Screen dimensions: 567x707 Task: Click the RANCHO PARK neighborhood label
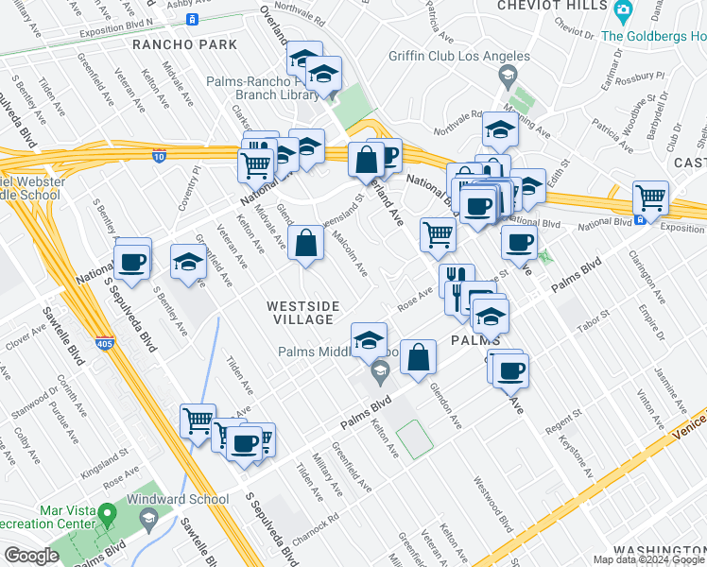tap(175, 43)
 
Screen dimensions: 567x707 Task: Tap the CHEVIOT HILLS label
tap(545, 6)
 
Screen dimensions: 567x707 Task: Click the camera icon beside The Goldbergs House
tap(622, 11)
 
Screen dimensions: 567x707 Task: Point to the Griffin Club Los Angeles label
tap(459, 55)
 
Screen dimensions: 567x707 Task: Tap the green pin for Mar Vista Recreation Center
tap(107, 516)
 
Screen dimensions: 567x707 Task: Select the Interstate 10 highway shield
tap(160, 156)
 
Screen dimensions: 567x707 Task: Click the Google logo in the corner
tap(31, 556)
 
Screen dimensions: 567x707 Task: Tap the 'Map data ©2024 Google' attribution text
tap(647, 559)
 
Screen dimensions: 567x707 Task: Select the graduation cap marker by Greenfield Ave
tap(189, 266)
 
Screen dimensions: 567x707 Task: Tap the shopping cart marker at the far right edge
tap(650, 199)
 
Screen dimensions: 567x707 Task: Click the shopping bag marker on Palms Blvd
tap(418, 358)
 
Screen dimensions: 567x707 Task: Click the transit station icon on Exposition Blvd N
tap(192, 19)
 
